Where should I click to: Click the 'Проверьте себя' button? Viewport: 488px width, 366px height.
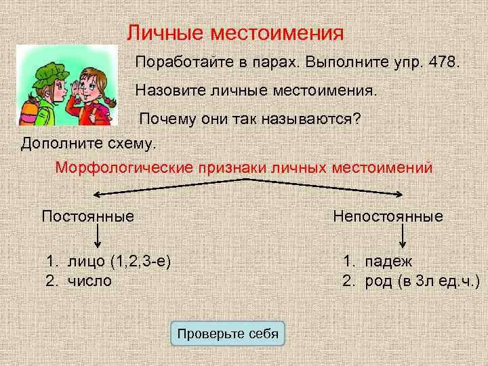[228, 333]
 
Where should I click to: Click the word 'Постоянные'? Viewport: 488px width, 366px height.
[87, 216]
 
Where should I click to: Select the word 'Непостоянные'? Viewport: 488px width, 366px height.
[388, 216]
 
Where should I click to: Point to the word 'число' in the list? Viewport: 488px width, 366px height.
[89, 280]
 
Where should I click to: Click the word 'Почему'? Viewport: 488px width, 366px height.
[167, 119]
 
